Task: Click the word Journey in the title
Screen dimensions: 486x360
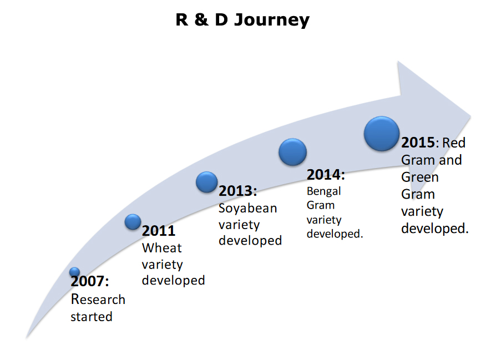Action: point(272,21)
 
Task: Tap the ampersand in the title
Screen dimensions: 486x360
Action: point(201,19)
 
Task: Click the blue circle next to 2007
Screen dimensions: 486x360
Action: point(74,272)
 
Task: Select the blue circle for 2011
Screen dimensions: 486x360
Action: point(133,221)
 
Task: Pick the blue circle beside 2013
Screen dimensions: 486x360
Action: point(206,182)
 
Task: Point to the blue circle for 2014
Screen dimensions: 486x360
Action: point(292,152)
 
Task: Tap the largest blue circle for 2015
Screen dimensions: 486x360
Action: point(382,134)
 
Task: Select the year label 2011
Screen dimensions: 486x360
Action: point(159,231)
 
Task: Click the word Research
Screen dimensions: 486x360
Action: point(98,300)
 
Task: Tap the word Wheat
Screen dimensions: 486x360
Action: point(162,248)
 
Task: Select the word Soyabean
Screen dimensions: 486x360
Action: point(247,209)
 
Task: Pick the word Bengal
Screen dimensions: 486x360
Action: point(324,191)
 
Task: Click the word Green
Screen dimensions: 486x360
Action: point(420,178)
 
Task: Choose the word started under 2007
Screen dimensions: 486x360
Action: point(92,317)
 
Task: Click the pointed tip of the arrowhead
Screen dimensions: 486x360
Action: point(471,117)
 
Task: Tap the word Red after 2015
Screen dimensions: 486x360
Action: point(454,143)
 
